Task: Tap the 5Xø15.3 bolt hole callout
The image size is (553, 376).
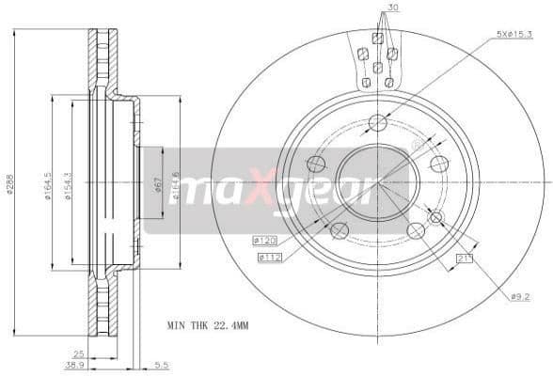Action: coord(515,36)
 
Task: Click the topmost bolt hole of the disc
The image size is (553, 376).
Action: coord(378,122)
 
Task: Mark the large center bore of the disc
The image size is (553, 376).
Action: coord(377,184)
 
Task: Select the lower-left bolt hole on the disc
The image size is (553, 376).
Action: coord(340,230)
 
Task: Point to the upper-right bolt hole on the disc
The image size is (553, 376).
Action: coord(438,164)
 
